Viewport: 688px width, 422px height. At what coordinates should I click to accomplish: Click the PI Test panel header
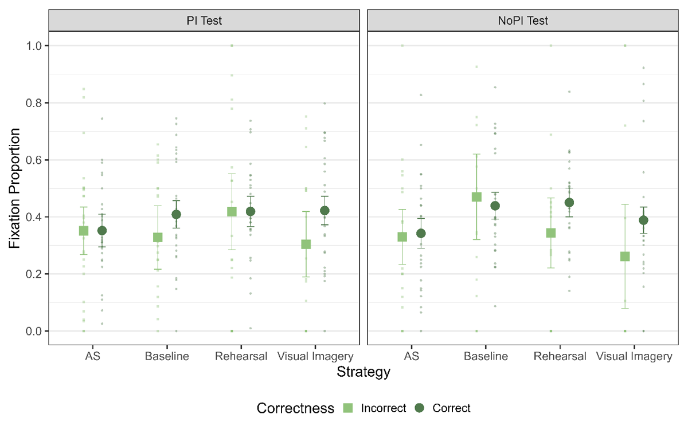click(204, 21)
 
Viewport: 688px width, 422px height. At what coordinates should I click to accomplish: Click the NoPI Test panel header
click(522, 21)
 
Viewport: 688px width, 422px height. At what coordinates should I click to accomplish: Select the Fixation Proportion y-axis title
click(15, 188)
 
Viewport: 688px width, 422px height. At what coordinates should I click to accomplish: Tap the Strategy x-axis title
click(363, 372)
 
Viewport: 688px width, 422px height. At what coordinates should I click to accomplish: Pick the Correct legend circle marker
click(420, 408)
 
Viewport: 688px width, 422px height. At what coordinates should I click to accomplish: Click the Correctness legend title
click(295, 408)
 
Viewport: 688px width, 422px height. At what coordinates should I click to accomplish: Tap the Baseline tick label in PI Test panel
click(167, 356)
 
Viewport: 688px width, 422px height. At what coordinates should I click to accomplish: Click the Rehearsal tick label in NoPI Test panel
click(560, 356)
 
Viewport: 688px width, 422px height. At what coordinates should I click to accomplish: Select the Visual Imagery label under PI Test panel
click(315, 356)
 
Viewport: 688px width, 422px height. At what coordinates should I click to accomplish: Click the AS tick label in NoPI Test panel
click(412, 356)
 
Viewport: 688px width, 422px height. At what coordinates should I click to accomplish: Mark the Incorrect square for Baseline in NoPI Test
click(476, 197)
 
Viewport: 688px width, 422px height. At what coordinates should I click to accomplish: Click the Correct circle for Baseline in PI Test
click(177, 215)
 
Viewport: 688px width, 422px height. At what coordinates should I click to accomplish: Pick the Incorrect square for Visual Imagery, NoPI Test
click(625, 256)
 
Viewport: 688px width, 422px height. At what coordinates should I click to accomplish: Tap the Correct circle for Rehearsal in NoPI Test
click(569, 202)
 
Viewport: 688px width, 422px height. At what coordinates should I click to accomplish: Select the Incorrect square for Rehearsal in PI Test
click(232, 212)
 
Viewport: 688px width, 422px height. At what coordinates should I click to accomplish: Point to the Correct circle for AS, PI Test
click(102, 231)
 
